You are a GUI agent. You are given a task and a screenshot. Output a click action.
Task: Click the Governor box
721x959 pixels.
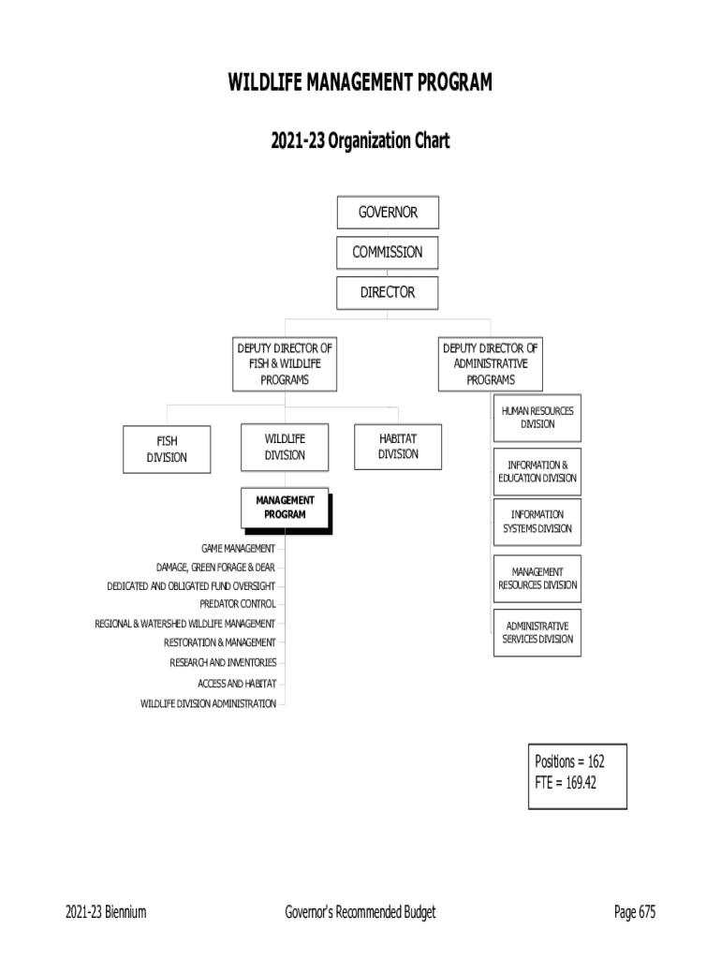click(388, 213)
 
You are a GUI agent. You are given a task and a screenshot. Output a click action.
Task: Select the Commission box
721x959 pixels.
click(388, 252)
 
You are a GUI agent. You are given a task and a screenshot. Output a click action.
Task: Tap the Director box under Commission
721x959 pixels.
click(388, 292)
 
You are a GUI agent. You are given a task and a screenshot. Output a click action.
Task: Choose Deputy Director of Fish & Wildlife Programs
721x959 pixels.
click(285, 364)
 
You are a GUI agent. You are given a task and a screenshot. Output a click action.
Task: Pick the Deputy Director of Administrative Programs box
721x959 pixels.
click(491, 364)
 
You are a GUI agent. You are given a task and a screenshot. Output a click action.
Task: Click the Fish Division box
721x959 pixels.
click(167, 450)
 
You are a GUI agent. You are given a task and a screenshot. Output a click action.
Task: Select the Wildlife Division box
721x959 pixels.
click(285, 446)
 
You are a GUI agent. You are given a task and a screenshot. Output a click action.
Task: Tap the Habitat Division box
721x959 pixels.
click(398, 446)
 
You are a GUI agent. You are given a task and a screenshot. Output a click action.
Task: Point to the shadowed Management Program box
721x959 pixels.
click(285, 508)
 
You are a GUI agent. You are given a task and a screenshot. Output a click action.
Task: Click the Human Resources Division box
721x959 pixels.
click(537, 418)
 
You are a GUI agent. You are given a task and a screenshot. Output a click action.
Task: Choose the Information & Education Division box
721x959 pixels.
click(537, 471)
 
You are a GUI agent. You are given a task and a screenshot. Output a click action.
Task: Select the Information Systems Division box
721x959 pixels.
click(537, 522)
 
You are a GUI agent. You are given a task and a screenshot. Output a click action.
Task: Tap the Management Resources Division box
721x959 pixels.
click(537, 579)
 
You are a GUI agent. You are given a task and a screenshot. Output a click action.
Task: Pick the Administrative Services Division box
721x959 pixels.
click(537, 632)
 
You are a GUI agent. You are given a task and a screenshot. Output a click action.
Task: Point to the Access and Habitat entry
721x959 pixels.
click(237, 683)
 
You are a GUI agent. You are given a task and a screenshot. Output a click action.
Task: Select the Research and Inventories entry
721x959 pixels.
click(223, 663)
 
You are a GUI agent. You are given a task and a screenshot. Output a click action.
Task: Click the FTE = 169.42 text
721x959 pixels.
click(566, 783)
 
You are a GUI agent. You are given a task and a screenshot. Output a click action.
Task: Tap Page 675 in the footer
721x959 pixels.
click(634, 913)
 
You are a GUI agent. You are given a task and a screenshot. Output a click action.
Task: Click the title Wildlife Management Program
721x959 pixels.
click(360, 84)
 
